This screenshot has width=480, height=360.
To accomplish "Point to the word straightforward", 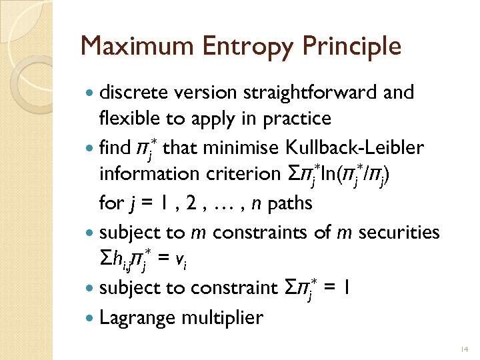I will click(x=303, y=92).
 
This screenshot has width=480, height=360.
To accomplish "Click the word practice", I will click(x=298, y=119).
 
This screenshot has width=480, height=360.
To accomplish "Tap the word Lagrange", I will click(x=131, y=317).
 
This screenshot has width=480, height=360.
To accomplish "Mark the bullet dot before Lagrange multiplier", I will click(x=89, y=317).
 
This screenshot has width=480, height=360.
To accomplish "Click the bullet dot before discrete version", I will click(x=89, y=93).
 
